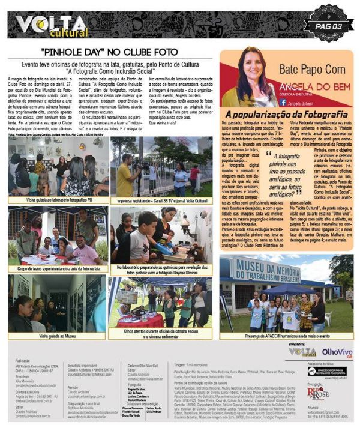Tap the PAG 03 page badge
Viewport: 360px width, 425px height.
point(328,26)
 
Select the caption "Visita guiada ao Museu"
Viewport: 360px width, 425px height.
point(58,336)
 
